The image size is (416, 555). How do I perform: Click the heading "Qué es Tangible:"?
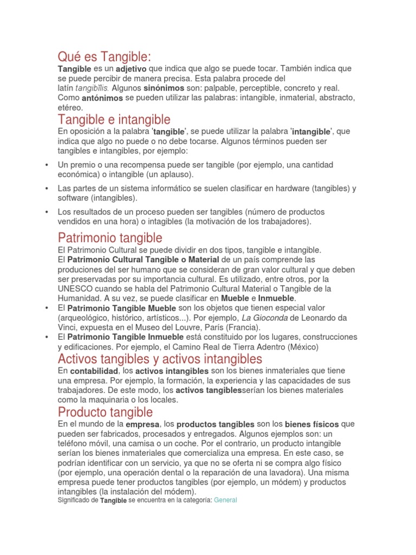[105, 56]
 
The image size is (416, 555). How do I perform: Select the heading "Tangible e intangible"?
[114, 119]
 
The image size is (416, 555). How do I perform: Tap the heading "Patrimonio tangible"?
[110, 237]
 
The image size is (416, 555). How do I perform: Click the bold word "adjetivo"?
[135, 69]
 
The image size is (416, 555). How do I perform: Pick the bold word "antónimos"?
[102, 99]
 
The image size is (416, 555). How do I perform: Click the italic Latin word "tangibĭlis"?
[92, 88]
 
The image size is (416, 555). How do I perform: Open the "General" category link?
[225, 500]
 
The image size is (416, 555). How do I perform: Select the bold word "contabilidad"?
[94, 371]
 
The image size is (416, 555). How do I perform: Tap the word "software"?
[74, 198]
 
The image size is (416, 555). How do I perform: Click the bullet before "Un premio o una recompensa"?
[48, 165]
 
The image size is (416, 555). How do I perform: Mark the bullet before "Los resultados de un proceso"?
[48, 212]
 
